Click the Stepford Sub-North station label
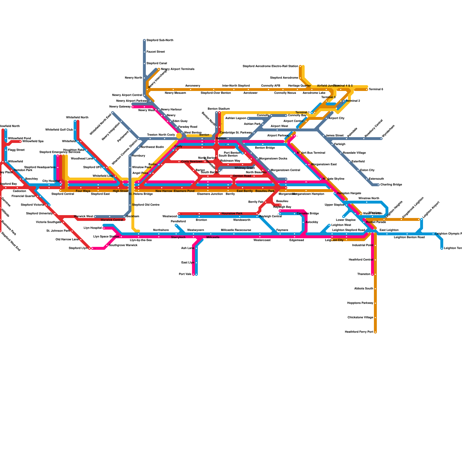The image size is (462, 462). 160,40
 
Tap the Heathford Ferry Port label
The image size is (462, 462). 359,332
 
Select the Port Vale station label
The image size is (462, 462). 185,274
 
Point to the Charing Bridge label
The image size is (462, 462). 391,185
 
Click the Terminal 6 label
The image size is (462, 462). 376,90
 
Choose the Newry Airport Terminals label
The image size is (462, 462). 178,69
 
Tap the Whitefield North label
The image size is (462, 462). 77,118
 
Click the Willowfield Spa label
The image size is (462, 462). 33,141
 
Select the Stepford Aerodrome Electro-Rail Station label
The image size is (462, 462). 270,66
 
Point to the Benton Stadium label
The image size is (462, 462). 219,109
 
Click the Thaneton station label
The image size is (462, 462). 364,274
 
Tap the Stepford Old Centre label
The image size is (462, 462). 146,205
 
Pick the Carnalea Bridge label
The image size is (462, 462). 308,214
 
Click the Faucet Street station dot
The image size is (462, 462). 144,52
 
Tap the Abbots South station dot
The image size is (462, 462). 375,289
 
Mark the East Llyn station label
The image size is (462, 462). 187,263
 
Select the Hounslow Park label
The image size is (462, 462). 232,214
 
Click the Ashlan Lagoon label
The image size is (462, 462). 236,118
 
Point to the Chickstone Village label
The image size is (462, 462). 360,318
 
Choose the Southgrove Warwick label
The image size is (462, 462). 123,245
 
